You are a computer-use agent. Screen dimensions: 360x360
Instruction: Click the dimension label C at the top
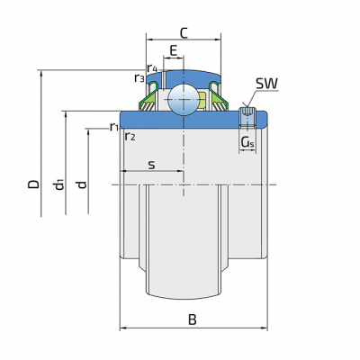tap(184, 33)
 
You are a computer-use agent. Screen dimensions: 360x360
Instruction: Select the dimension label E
tap(174, 51)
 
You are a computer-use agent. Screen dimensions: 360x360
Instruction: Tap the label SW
tap(266, 84)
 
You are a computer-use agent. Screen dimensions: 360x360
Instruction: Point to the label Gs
tap(247, 143)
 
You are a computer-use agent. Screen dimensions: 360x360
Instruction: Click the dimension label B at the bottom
tap(193, 319)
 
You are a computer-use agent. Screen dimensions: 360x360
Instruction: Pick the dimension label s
tap(152, 165)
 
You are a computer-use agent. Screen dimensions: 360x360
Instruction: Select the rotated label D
tap(33, 184)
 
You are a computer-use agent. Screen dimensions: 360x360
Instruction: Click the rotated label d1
tap(59, 184)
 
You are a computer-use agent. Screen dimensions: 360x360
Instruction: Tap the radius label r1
tap(113, 127)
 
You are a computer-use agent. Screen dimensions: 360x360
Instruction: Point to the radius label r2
tap(130, 137)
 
